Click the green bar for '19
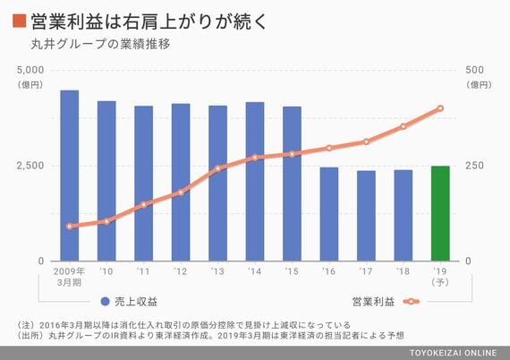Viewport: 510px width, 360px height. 440,213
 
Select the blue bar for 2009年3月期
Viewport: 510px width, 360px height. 69,176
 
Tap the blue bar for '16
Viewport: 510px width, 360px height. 329,214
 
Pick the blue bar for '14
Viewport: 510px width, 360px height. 255,182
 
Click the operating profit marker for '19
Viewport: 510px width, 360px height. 440,108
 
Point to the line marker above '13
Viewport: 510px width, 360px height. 218,168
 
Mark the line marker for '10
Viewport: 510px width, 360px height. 106,222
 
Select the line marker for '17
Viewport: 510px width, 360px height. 366,141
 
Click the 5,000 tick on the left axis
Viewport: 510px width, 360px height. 30,70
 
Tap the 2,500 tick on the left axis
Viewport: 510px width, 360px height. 30,166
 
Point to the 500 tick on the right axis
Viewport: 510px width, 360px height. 474,70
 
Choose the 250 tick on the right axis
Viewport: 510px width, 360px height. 474,166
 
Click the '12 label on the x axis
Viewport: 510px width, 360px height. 180,271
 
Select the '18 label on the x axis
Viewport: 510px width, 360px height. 403,271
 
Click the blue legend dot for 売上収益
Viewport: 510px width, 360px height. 106,302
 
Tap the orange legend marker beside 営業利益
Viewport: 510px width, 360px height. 411,302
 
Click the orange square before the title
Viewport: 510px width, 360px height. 19,21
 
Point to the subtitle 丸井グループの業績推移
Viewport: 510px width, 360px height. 100,44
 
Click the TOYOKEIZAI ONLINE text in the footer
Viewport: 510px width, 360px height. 453,353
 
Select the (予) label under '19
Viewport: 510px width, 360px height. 440,282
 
